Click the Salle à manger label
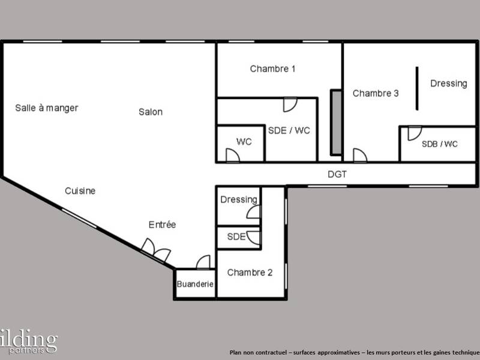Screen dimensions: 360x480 pyautogui.click(x=47, y=108)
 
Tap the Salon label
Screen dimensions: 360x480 pyautogui.click(x=151, y=112)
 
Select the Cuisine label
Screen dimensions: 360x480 pyautogui.click(x=80, y=191)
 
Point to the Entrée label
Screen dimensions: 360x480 pyautogui.click(x=162, y=225)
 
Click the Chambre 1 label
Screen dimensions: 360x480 pyautogui.click(x=272, y=69)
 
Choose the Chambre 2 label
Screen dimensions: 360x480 pyautogui.click(x=250, y=272)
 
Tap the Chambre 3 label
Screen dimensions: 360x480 pyautogui.click(x=376, y=93)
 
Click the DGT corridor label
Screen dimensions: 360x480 pyautogui.click(x=337, y=175)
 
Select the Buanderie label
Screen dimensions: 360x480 pyautogui.click(x=195, y=285)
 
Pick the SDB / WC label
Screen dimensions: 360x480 pyautogui.click(x=439, y=144)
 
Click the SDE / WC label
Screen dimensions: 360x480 pyautogui.click(x=289, y=130)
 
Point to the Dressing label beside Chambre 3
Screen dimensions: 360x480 pyautogui.click(x=448, y=83)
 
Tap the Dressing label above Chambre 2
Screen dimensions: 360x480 pyautogui.click(x=239, y=199)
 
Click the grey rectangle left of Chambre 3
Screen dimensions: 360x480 pyautogui.click(x=336, y=123)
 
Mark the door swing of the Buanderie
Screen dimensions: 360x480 pyautogui.click(x=203, y=263)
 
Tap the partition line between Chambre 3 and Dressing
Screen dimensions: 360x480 pyautogui.click(x=417, y=88)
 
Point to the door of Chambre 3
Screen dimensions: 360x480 pyautogui.click(x=359, y=155)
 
